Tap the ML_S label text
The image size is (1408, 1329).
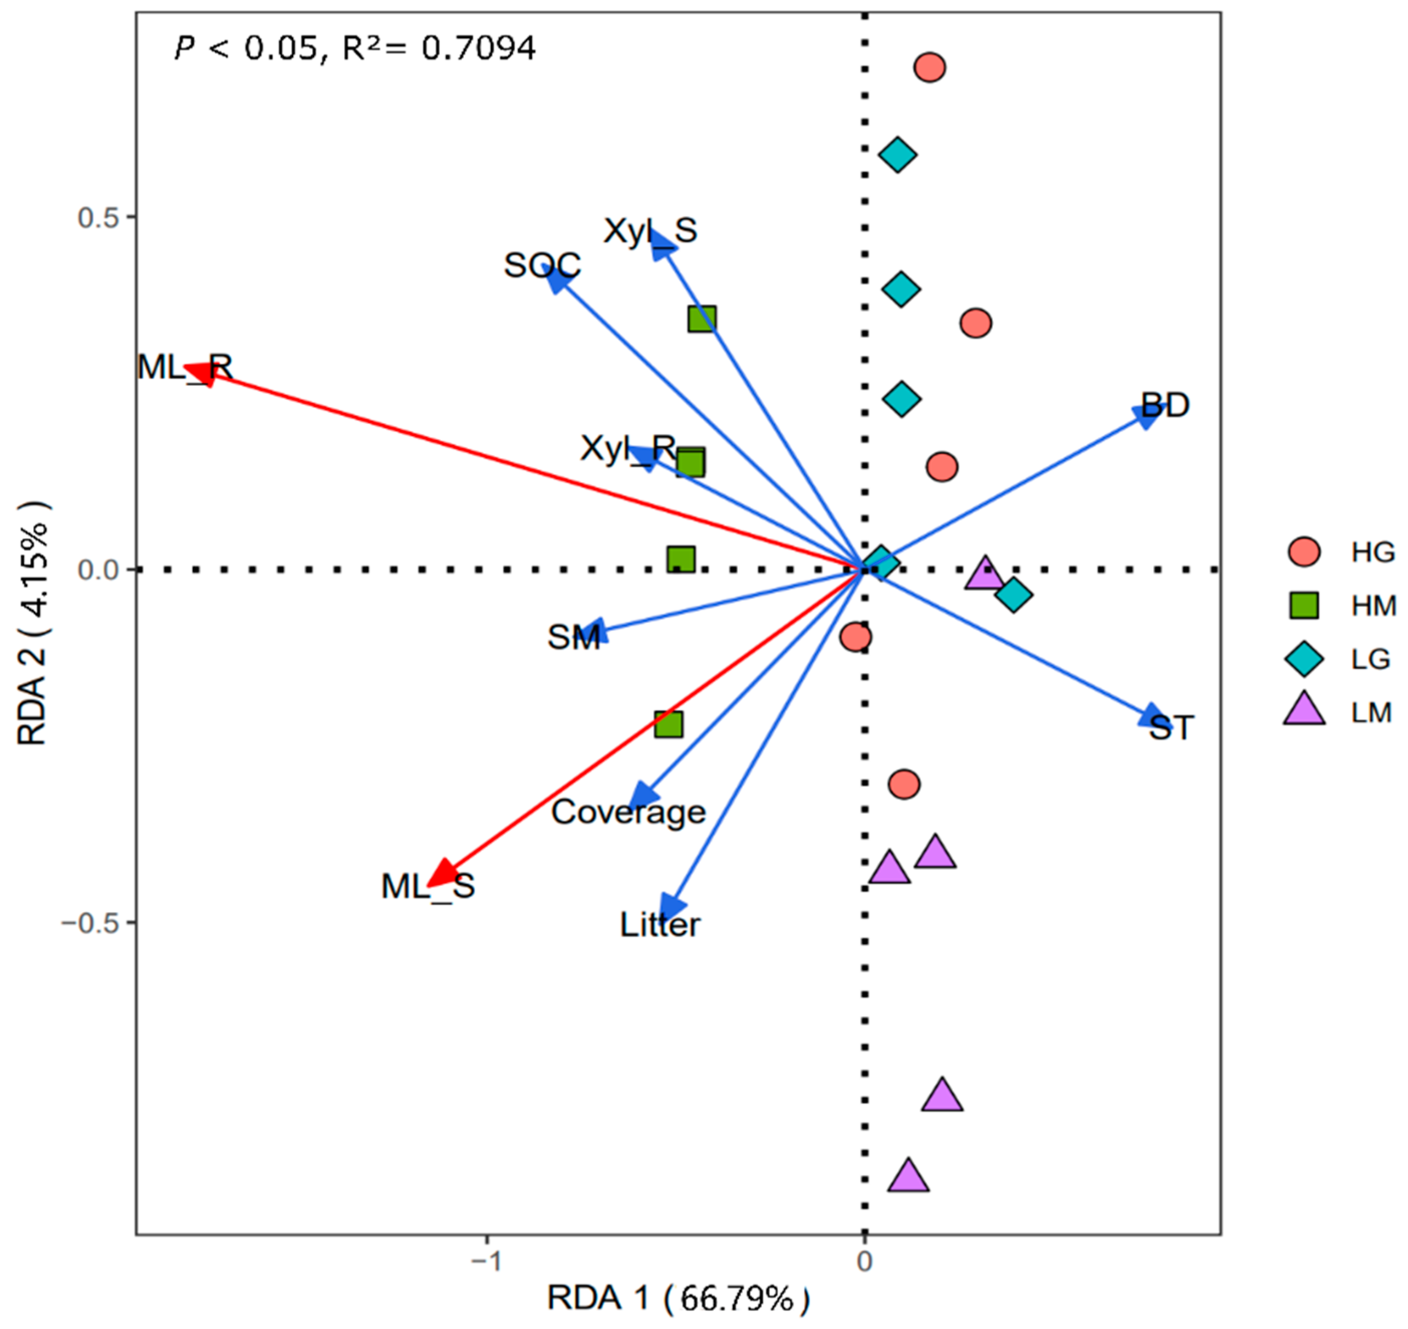pyautogui.click(x=428, y=886)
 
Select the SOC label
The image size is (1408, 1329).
pyautogui.click(x=542, y=266)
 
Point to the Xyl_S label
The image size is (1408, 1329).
pyautogui.click(x=650, y=231)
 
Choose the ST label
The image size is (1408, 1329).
pyautogui.click(x=1171, y=727)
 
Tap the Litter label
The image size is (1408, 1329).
pyautogui.click(x=660, y=925)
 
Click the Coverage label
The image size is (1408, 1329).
pyautogui.click(x=629, y=812)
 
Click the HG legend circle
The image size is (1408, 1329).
pyautogui.click(x=1304, y=552)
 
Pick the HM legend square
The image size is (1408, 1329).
pyautogui.click(x=1304, y=606)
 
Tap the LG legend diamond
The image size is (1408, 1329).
pyautogui.click(x=1304, y=659)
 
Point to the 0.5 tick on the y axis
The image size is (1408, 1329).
pyautogui.click(x=97, y=217)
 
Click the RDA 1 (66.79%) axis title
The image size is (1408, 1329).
pyautogui.click(x=678, y=1298)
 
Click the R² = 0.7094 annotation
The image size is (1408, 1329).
pyautogui.click(x=440, y=48)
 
